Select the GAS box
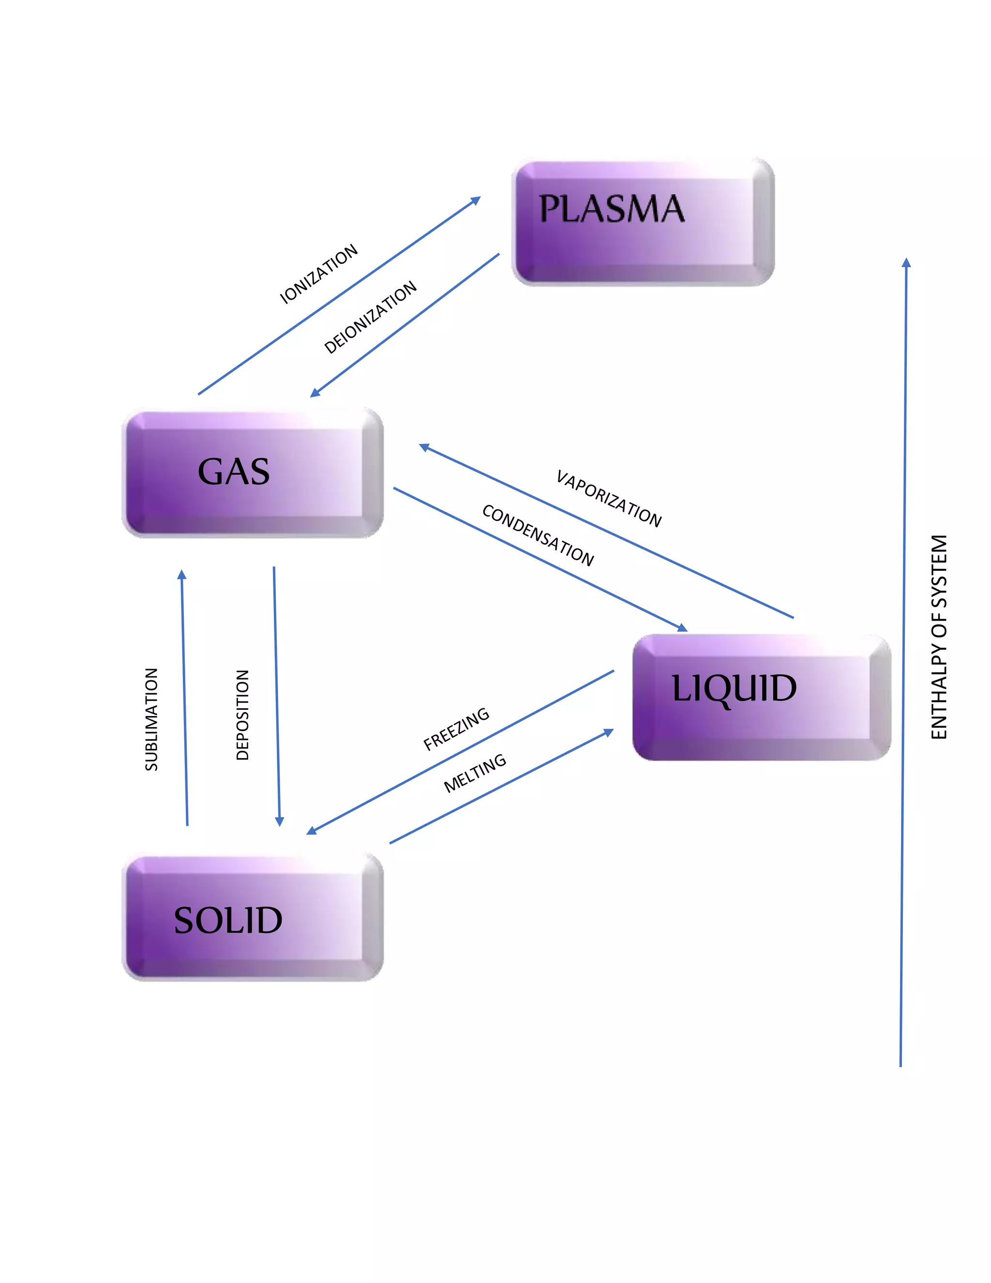[253, 473]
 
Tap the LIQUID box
[762, 697]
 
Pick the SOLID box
[253, 919]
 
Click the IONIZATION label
[319, 274]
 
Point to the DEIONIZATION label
[371, 317]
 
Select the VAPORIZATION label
[609, 498]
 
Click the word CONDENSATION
[538, 535]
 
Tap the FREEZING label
[456, 729]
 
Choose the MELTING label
[475, 773]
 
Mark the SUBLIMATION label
[151, 719]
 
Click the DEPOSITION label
[242, 715]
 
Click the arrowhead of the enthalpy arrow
[906, 262]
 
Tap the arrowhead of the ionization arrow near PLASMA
[476, 200]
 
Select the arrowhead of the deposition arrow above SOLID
[280, 821]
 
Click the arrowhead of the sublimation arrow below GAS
[182, 574]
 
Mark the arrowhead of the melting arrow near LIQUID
[609, 732]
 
